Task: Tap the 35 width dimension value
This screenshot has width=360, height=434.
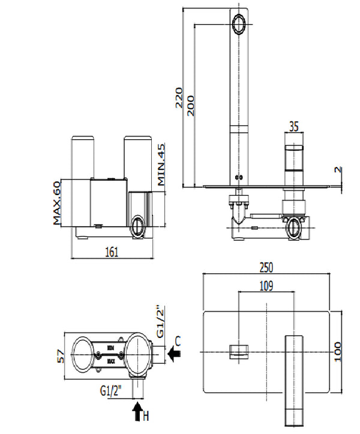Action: coord(293,127)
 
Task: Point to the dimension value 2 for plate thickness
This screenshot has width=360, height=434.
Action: coord(338,170)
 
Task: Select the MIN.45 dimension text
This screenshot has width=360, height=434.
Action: coord(161,165)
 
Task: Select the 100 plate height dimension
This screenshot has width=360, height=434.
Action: coord(338,351)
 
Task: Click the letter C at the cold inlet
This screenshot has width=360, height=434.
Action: coord(177,341)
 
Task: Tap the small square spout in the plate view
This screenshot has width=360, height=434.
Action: coord(239,351)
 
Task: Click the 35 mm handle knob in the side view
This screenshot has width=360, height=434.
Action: coord(294,157)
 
